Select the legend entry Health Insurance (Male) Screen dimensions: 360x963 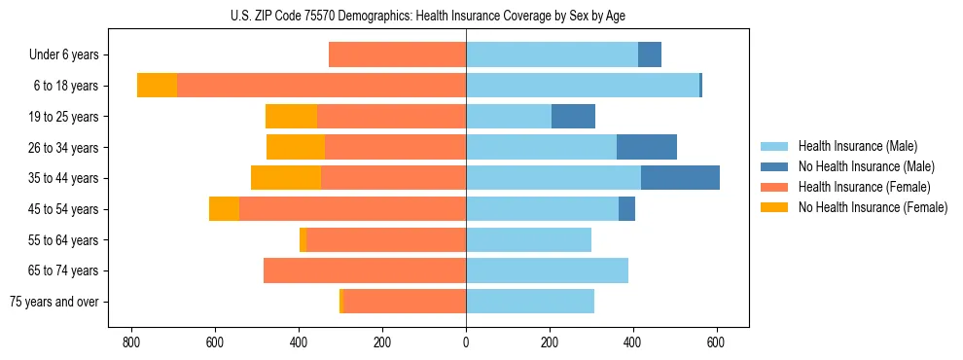click(x=857, y=146)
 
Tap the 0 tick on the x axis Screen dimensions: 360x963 click(x=466, y=342)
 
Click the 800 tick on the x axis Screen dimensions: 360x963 click(x=131, y=342)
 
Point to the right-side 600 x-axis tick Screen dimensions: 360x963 click(x=717, y=342)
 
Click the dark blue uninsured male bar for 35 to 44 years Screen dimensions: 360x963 click(x=680, y=178)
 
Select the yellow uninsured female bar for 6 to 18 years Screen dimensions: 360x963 click(x=157, y=86)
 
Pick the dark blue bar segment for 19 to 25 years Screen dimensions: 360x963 click(x=573, y=117)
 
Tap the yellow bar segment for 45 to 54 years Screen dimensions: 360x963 click(x=224, y=209)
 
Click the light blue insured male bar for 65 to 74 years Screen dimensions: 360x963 click(x=547, y=270)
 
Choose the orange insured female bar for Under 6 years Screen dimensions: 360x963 click(x=397, y=54)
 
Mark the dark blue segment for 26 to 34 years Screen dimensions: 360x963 click(x=647, y=147)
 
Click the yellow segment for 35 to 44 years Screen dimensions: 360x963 click(x=286, y=178)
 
